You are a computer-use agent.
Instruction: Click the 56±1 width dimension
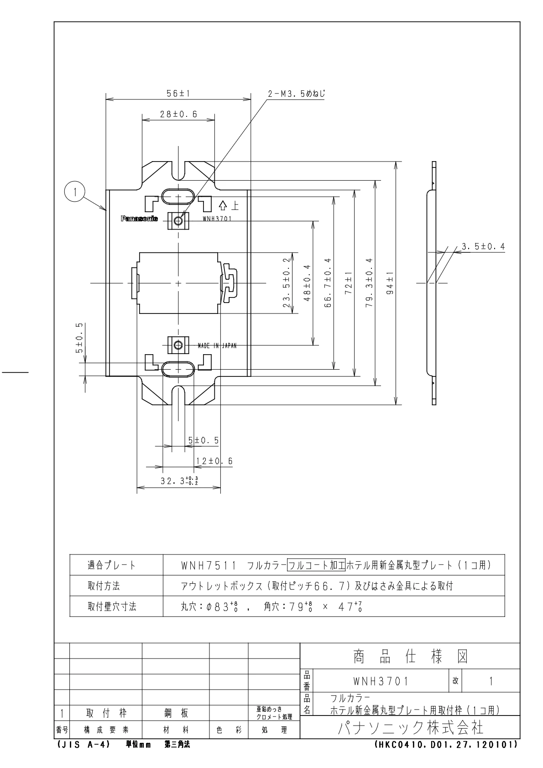coord(178,93)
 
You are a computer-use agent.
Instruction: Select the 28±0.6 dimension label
coord(178,115)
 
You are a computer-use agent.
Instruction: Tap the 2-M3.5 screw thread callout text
coord(296,94)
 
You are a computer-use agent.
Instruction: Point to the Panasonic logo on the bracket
coord(139,219)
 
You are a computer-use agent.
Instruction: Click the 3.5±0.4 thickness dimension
coord(483,247)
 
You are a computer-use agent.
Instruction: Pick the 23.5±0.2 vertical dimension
coord(286,283)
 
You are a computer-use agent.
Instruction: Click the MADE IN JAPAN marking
coord(217,346)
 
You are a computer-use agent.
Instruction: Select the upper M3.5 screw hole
coord(178,221)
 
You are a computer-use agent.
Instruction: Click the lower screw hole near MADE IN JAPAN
coord(178,345)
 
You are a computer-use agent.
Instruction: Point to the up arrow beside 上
coord(223,206)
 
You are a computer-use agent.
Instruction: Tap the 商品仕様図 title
coord(410,657)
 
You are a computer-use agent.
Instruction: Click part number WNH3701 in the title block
coord(381,681)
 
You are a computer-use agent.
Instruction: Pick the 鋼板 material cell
coord(176,713)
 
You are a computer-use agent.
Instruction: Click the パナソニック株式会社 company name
coord(410,727)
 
